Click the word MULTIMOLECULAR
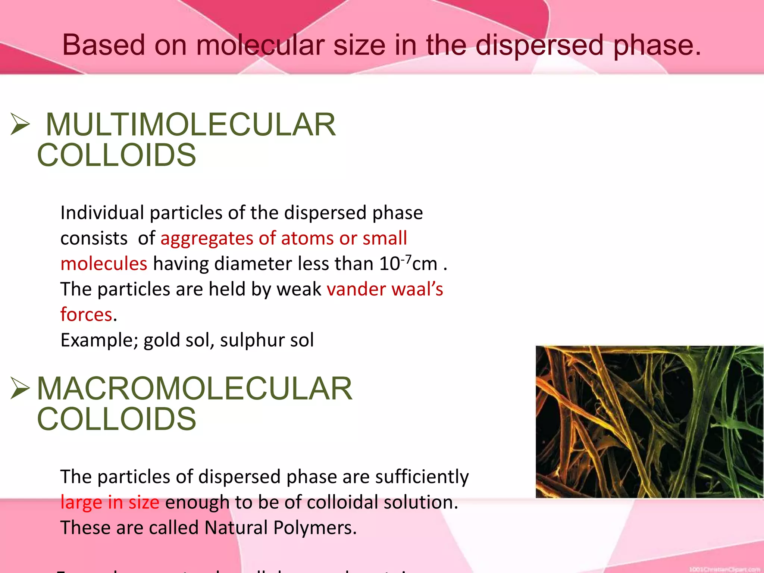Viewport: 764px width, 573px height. (191, 125)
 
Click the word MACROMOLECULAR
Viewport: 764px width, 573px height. (194, 389)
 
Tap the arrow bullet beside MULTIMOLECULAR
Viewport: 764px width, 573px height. (20, 124)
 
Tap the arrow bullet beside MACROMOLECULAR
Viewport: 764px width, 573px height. (20, 388)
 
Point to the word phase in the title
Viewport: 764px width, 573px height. (657, 45)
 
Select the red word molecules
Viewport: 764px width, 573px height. (104, 263)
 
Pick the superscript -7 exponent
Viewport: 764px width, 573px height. (406, 258)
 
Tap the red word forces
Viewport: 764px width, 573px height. (86, 314)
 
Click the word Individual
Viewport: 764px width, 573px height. (102, 213)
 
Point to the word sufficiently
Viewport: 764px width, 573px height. (422, 477)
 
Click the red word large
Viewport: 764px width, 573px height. (81, 502)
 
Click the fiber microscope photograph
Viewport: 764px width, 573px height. (649, 422)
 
